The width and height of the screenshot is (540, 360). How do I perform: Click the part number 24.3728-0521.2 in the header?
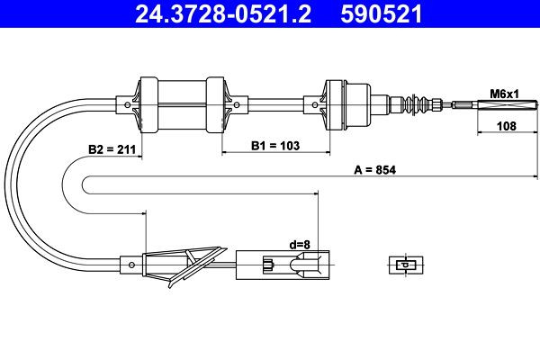pyautogui.click(x=223, y=14)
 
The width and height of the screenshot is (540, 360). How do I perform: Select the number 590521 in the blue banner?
pyautogui.click(x=382, y=14)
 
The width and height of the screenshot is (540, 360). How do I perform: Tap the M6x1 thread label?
pyautogui.click(x=504, y=94)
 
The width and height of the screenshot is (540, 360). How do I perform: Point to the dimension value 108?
pyautogui.click(x=507, y=126)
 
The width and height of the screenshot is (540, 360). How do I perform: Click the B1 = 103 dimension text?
pyautogui.click(x=275, y=146)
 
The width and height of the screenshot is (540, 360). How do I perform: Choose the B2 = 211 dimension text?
pyautogui.click(x=112, y=149)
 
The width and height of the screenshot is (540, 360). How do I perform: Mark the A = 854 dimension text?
pyautogui.click(x=375, y=170)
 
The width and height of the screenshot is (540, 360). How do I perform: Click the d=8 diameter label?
pyautogui.click(x=300, y=245)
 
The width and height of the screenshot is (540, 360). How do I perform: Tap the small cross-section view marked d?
pyautogui.click(x=406, y=265)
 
